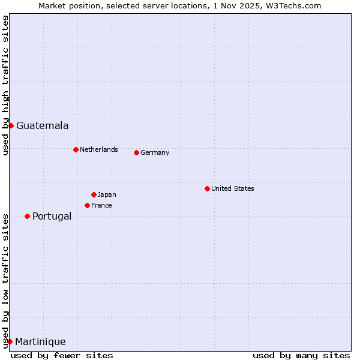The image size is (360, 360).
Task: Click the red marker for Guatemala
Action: (x=11, y=125)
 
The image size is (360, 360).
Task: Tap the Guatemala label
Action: (x=42, y=126)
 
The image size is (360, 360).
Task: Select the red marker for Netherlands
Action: (x=76, y=149)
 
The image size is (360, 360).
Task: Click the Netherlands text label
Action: (x=98, y=149)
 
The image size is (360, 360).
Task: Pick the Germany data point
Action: (x=136, y=152)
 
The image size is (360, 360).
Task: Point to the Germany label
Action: (x=155, y=152)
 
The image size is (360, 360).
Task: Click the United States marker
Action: (x=207, y=188)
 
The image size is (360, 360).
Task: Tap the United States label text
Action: (x=232, y=188)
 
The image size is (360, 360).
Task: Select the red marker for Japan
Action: (x=94, y=194)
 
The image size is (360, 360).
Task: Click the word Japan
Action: (x=107, y=194)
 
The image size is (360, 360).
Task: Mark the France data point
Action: (x=87, y=205)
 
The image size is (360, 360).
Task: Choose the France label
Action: (x=101, y=205)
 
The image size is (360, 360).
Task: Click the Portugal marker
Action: (x=27, y=216)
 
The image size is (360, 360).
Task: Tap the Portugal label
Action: (x=52, y=217)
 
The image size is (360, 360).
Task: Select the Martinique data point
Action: (x=10, y=341)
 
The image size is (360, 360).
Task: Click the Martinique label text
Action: (x=40, y=342)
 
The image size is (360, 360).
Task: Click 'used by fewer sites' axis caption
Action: (x=62, y=355)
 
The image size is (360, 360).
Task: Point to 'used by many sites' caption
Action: (x=301, y=355)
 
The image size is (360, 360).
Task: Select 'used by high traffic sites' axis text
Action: (x=5, y=85)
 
